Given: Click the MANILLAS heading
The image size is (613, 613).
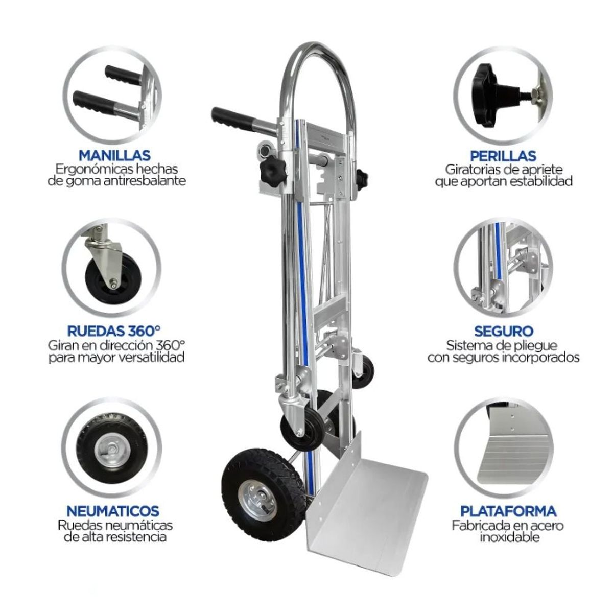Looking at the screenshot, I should (x=114, y=155).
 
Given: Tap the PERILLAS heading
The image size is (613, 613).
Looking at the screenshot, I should (x=503, y=155).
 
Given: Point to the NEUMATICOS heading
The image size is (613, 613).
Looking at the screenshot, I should (x=113, y=510).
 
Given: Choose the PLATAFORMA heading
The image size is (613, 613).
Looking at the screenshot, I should (x=508, y=510).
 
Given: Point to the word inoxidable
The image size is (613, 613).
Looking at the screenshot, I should (x=509, y=537).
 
